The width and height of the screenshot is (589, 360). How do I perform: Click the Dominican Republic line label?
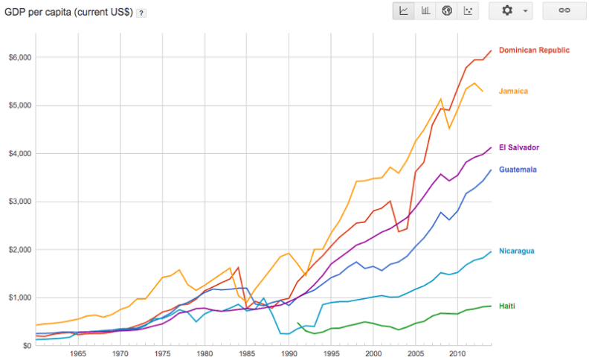534,51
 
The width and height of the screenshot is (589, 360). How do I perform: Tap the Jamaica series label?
513,91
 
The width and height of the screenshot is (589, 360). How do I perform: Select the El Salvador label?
518,147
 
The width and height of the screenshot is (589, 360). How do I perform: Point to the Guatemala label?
518,170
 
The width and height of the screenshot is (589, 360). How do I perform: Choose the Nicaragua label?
517,251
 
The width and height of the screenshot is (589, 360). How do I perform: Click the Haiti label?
507,306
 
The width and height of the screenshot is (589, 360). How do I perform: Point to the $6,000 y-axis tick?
17,57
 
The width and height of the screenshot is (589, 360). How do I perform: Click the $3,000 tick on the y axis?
17,202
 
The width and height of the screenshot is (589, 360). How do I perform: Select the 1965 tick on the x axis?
77,353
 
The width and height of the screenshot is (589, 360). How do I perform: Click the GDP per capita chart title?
69,13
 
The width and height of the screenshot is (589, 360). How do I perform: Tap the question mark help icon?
141,13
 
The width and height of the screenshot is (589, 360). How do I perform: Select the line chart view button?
403,11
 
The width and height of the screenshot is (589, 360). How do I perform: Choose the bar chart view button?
425,11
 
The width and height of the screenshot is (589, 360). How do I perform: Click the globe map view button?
447,11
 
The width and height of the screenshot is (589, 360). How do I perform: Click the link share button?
564,11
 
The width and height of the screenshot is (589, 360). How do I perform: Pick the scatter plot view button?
468,11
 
